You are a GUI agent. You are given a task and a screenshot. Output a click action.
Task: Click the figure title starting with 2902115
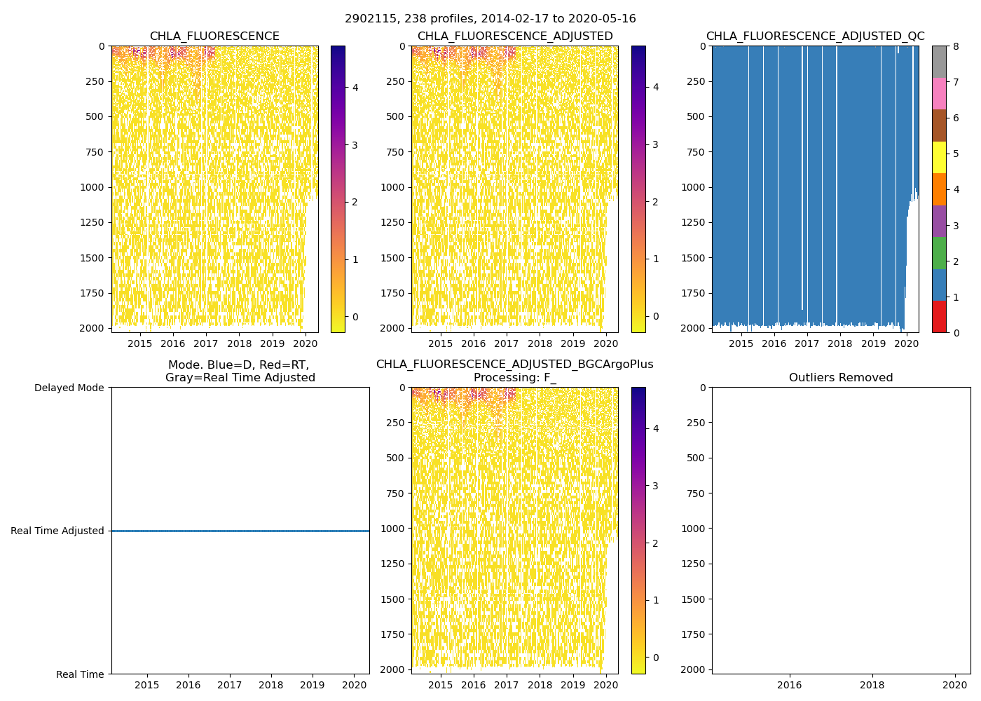490,19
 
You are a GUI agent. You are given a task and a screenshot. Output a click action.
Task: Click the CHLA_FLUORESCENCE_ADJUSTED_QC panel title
815,36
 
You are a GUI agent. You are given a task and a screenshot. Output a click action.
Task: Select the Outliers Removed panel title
841,378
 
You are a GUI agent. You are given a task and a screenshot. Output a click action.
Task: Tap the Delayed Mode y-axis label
69,388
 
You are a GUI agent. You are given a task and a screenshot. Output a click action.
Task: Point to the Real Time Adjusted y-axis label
57,531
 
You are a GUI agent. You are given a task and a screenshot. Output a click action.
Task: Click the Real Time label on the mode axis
80,674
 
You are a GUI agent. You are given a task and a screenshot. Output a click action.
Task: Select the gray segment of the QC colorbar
939,62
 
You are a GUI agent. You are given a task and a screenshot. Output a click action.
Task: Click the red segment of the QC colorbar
939,317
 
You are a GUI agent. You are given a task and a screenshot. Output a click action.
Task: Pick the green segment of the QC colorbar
939,253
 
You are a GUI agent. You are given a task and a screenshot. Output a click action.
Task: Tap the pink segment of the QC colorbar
939,93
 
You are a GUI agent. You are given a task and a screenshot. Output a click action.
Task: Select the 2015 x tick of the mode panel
146,685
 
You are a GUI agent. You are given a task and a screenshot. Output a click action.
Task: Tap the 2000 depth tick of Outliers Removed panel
693,669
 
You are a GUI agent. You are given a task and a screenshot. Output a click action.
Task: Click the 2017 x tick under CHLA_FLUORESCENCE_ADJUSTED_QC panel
807,343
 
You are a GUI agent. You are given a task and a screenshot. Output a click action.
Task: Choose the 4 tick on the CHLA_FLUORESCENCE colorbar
355,88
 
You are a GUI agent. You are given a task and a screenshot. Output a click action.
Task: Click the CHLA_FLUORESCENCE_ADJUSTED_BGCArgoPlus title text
514,365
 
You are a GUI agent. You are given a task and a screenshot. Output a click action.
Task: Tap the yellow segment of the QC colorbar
939,157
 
